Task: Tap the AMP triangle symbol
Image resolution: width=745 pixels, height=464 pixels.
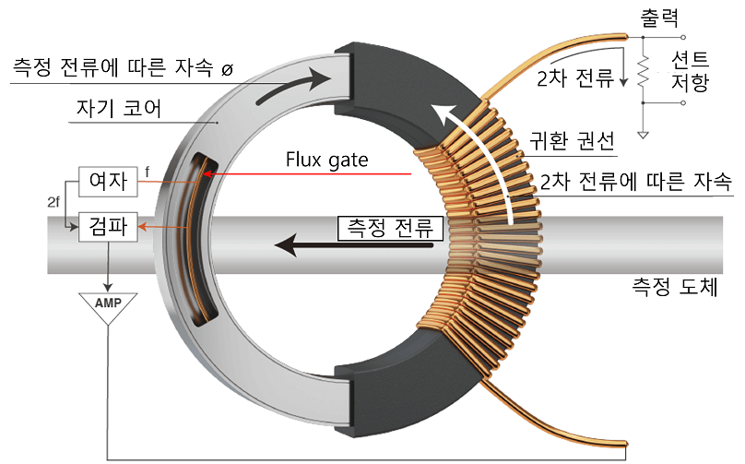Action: click(109, 305)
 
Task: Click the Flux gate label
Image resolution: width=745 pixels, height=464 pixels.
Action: click(326, 160)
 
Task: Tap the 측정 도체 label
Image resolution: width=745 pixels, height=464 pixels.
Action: click(680, 289)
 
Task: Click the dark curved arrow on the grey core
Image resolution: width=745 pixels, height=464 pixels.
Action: click(294, 81)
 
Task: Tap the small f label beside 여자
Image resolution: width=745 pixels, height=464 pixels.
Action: click(148, 172)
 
